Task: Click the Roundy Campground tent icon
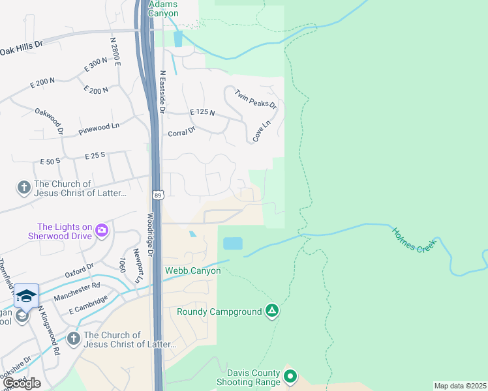point(272,311)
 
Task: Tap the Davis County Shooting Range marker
point(290,376)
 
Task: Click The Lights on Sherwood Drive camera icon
point(101,230)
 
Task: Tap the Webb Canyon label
point(192,270)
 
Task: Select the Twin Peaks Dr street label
point(256,99)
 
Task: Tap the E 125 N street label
point(202,113)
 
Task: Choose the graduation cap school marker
point(26,297)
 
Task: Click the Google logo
point(22,383)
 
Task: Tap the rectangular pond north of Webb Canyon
point(232,244)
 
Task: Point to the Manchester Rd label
point(77,291)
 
